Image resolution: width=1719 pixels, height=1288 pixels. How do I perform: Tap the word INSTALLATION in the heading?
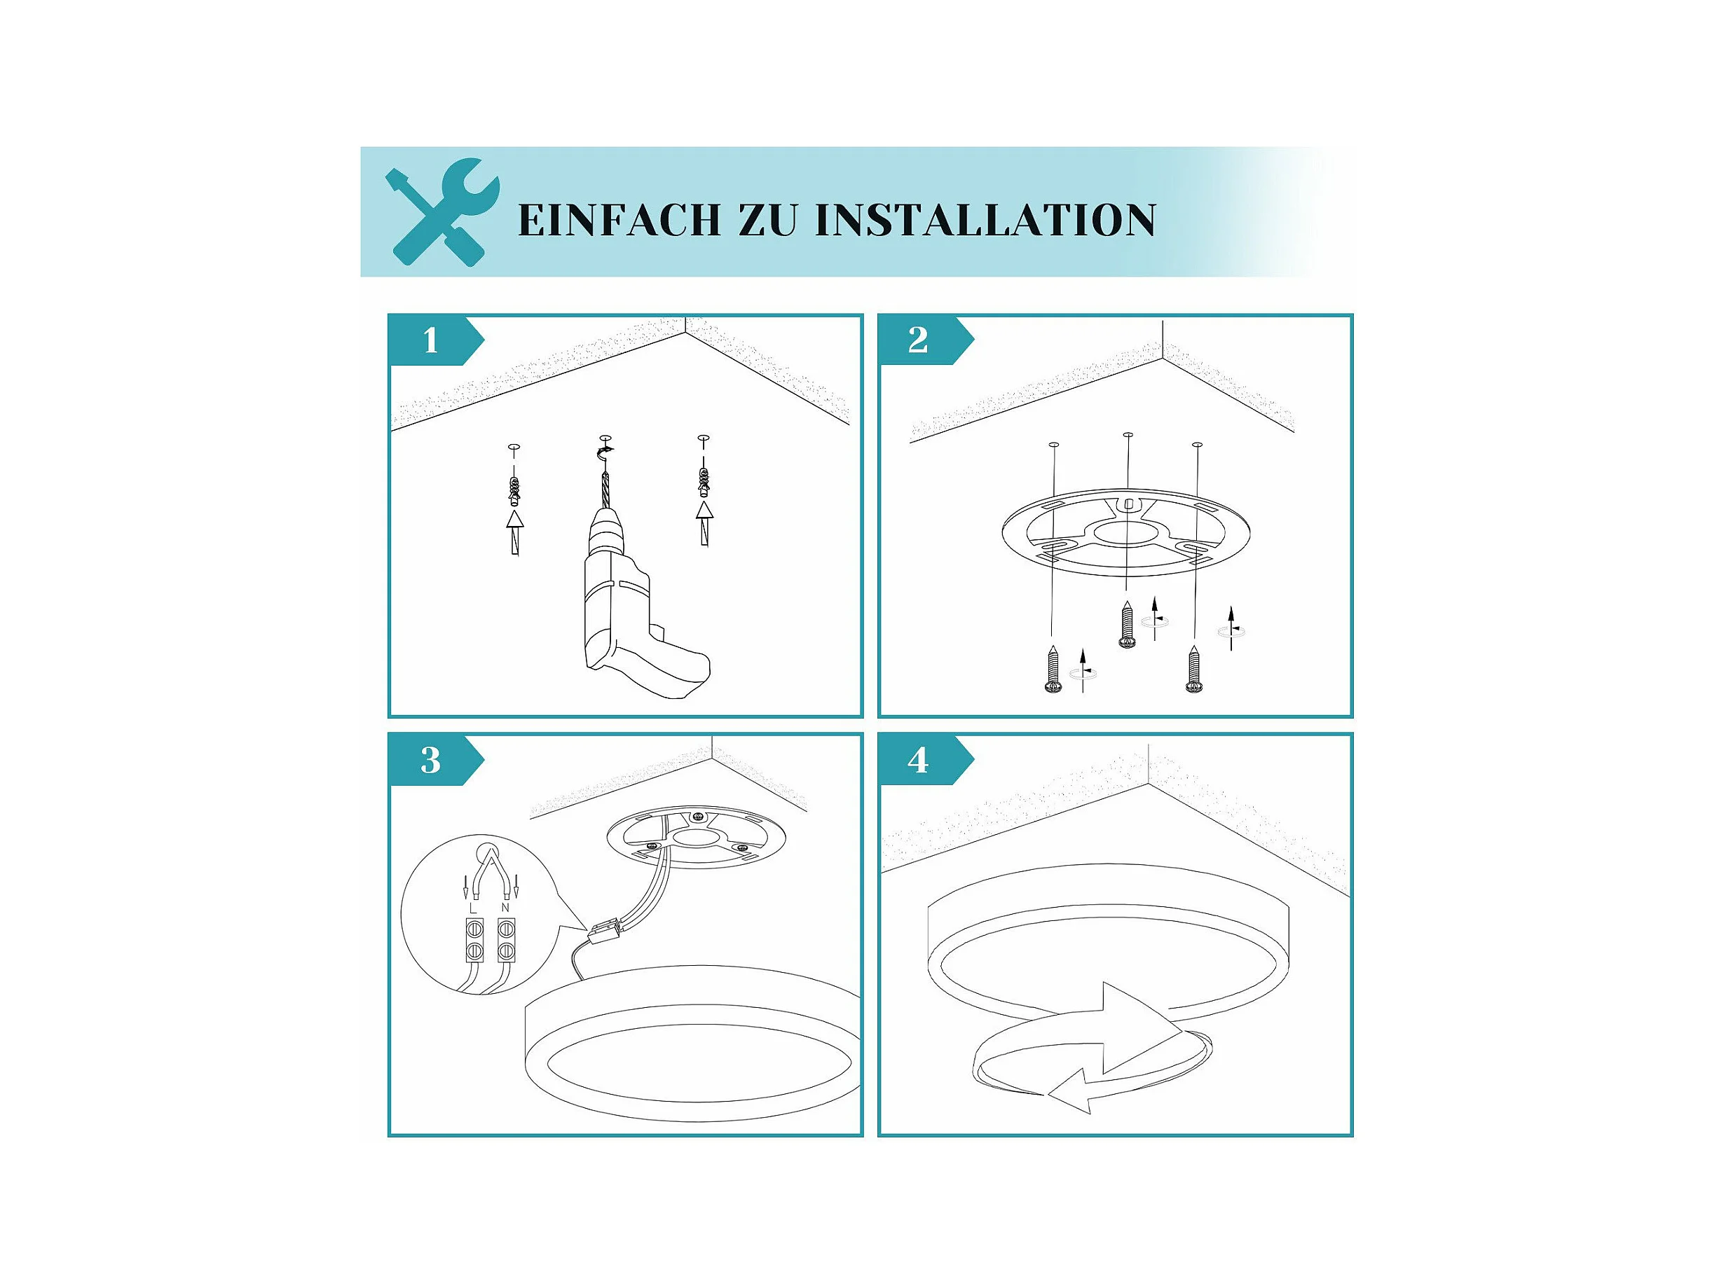[985, 220]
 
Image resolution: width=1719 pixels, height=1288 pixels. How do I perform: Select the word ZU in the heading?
[768, 220]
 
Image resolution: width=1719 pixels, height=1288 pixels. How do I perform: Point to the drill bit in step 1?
[605, 486]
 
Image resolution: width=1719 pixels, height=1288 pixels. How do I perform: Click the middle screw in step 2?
[1127, 623]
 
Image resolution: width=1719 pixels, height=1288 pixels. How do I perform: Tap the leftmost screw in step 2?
[1054, 668]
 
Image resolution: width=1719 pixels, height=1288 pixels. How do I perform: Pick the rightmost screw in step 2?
[1193, 668]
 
